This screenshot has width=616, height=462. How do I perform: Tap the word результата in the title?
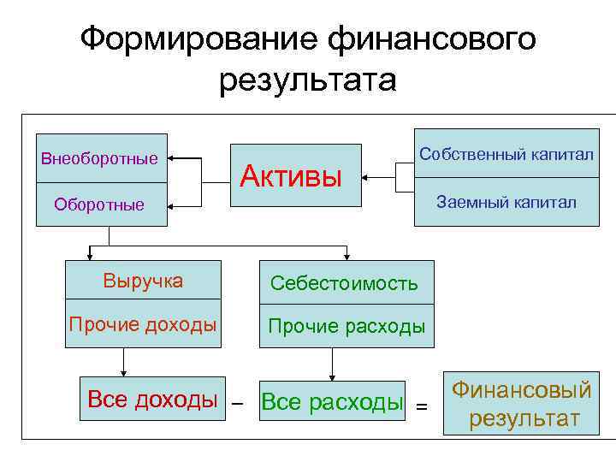click(308, 80)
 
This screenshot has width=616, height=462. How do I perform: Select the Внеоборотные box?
click(101, 158)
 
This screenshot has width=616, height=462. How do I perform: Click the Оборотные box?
click(101, 204)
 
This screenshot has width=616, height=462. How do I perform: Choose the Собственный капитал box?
click(506, 153)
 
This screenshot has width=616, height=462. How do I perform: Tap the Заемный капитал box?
click(506, 202)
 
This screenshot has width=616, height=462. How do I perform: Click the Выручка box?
click(144, 281)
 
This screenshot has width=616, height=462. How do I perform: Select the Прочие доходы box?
click(144, 324)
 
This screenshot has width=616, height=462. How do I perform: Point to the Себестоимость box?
click(344, 282)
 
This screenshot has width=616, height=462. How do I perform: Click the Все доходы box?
click(152, 399)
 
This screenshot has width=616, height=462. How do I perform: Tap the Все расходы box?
click(331, 401)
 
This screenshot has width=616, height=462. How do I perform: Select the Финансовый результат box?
click(522, 405)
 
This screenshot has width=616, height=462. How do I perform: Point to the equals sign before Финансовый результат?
click(421, 406)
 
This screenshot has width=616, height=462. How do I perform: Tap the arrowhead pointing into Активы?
click(364, 178)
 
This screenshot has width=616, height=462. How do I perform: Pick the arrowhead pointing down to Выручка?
click(90, 256)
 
